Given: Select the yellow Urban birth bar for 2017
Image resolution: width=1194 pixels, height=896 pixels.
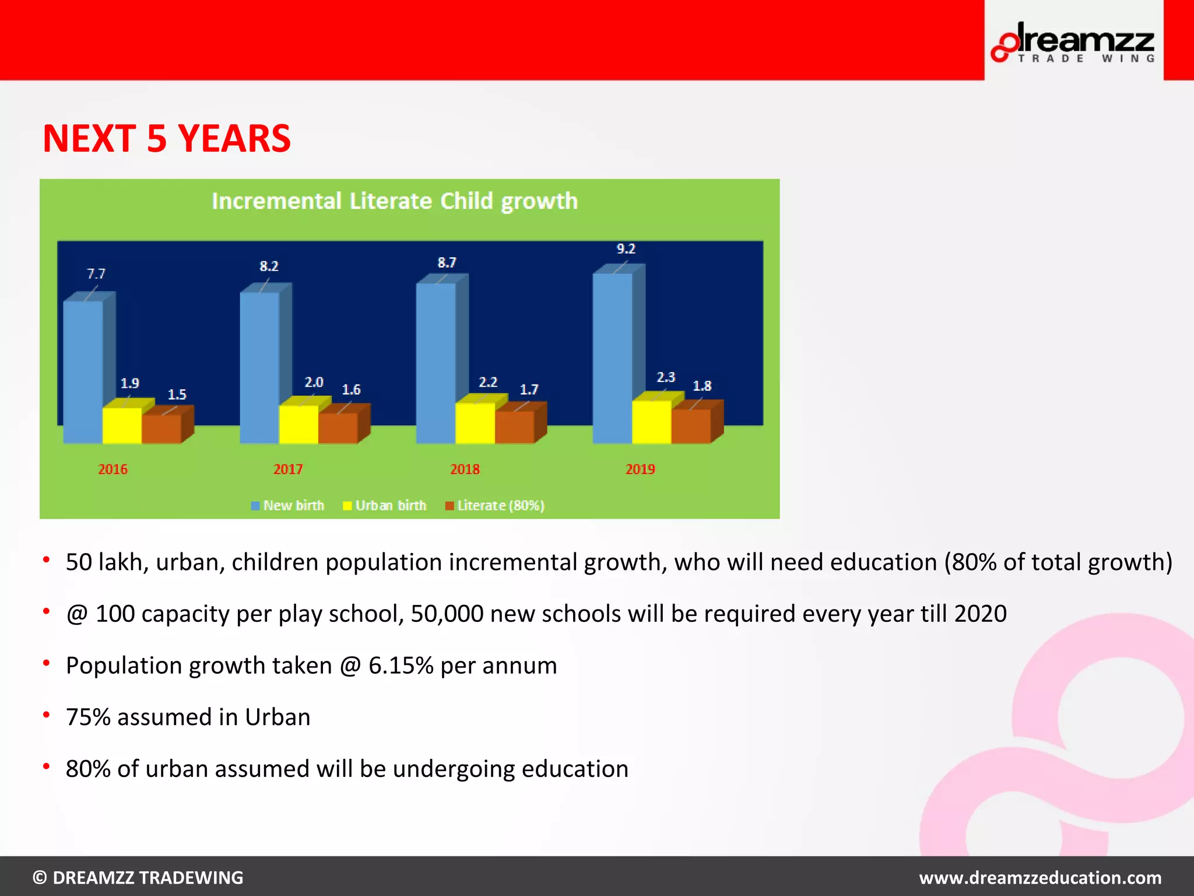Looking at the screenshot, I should pyautogui.click(x=298, y=424).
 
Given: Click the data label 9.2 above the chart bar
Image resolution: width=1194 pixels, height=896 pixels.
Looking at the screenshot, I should pyautogui.click(x=626, y=249).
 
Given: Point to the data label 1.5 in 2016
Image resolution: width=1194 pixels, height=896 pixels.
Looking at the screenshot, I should pyautogui.click(x=177, y=395).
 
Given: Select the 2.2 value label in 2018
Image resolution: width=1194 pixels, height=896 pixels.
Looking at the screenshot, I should pyautogui.click(x=488, y=383).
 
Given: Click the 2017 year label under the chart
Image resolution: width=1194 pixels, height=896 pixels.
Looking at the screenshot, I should pyautogui.click(x=288, y=470).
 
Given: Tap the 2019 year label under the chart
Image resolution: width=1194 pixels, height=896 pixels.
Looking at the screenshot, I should pyautogui.click(x=640, y=470).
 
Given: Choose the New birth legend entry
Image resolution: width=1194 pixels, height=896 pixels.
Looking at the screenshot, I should pyautogui.click(x=288, y=506).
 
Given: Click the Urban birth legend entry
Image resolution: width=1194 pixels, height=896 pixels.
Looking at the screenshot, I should pyautogui.click(x=385, y=506).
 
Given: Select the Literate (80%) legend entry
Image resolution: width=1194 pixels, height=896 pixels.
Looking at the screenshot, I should pyautogui.click(x=495, y=506).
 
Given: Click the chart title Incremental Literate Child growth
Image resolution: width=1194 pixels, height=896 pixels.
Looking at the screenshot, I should pyautogui.click(x=395, y=201).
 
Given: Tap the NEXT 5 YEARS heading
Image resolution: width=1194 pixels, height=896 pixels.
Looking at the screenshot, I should pyautogui.click(x=167, y=139).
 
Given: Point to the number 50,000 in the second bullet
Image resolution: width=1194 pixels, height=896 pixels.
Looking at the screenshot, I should pyautogui.click(x=447, y=614).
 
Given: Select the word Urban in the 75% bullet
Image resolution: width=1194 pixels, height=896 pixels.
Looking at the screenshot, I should pyautogui.click(x=278, y=717).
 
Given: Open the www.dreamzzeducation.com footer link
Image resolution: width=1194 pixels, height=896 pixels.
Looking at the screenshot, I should pyautogui.click(x=1040, y=877).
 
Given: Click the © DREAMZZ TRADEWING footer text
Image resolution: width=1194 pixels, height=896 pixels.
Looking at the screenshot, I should pyautogui.click(x=138, y=877).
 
